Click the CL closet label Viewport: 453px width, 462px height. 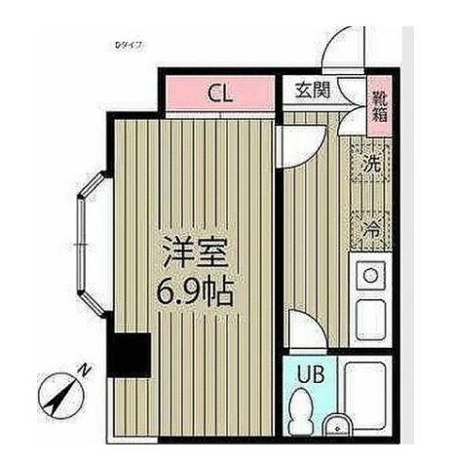[x=220, y=95]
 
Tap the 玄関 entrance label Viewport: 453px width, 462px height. [x=312, y=92]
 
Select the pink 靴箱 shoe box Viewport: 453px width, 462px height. [x=378, y=103]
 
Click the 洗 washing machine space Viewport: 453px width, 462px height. [x=371, y=167]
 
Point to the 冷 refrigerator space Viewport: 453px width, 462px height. [x=371, y=230]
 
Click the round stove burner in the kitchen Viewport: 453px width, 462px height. [x=370, y=276]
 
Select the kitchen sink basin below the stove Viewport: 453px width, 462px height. [x=370, y=320]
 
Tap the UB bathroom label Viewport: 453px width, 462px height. [x=310, y=373]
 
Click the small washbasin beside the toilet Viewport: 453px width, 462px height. [x=336, y=426]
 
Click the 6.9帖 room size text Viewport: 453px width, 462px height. [x=196, y=290]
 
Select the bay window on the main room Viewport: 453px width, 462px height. [x=89, y=241]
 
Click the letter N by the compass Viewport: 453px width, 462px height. [x=86, y=369]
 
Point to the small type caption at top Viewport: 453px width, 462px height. [x=129, y=45]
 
